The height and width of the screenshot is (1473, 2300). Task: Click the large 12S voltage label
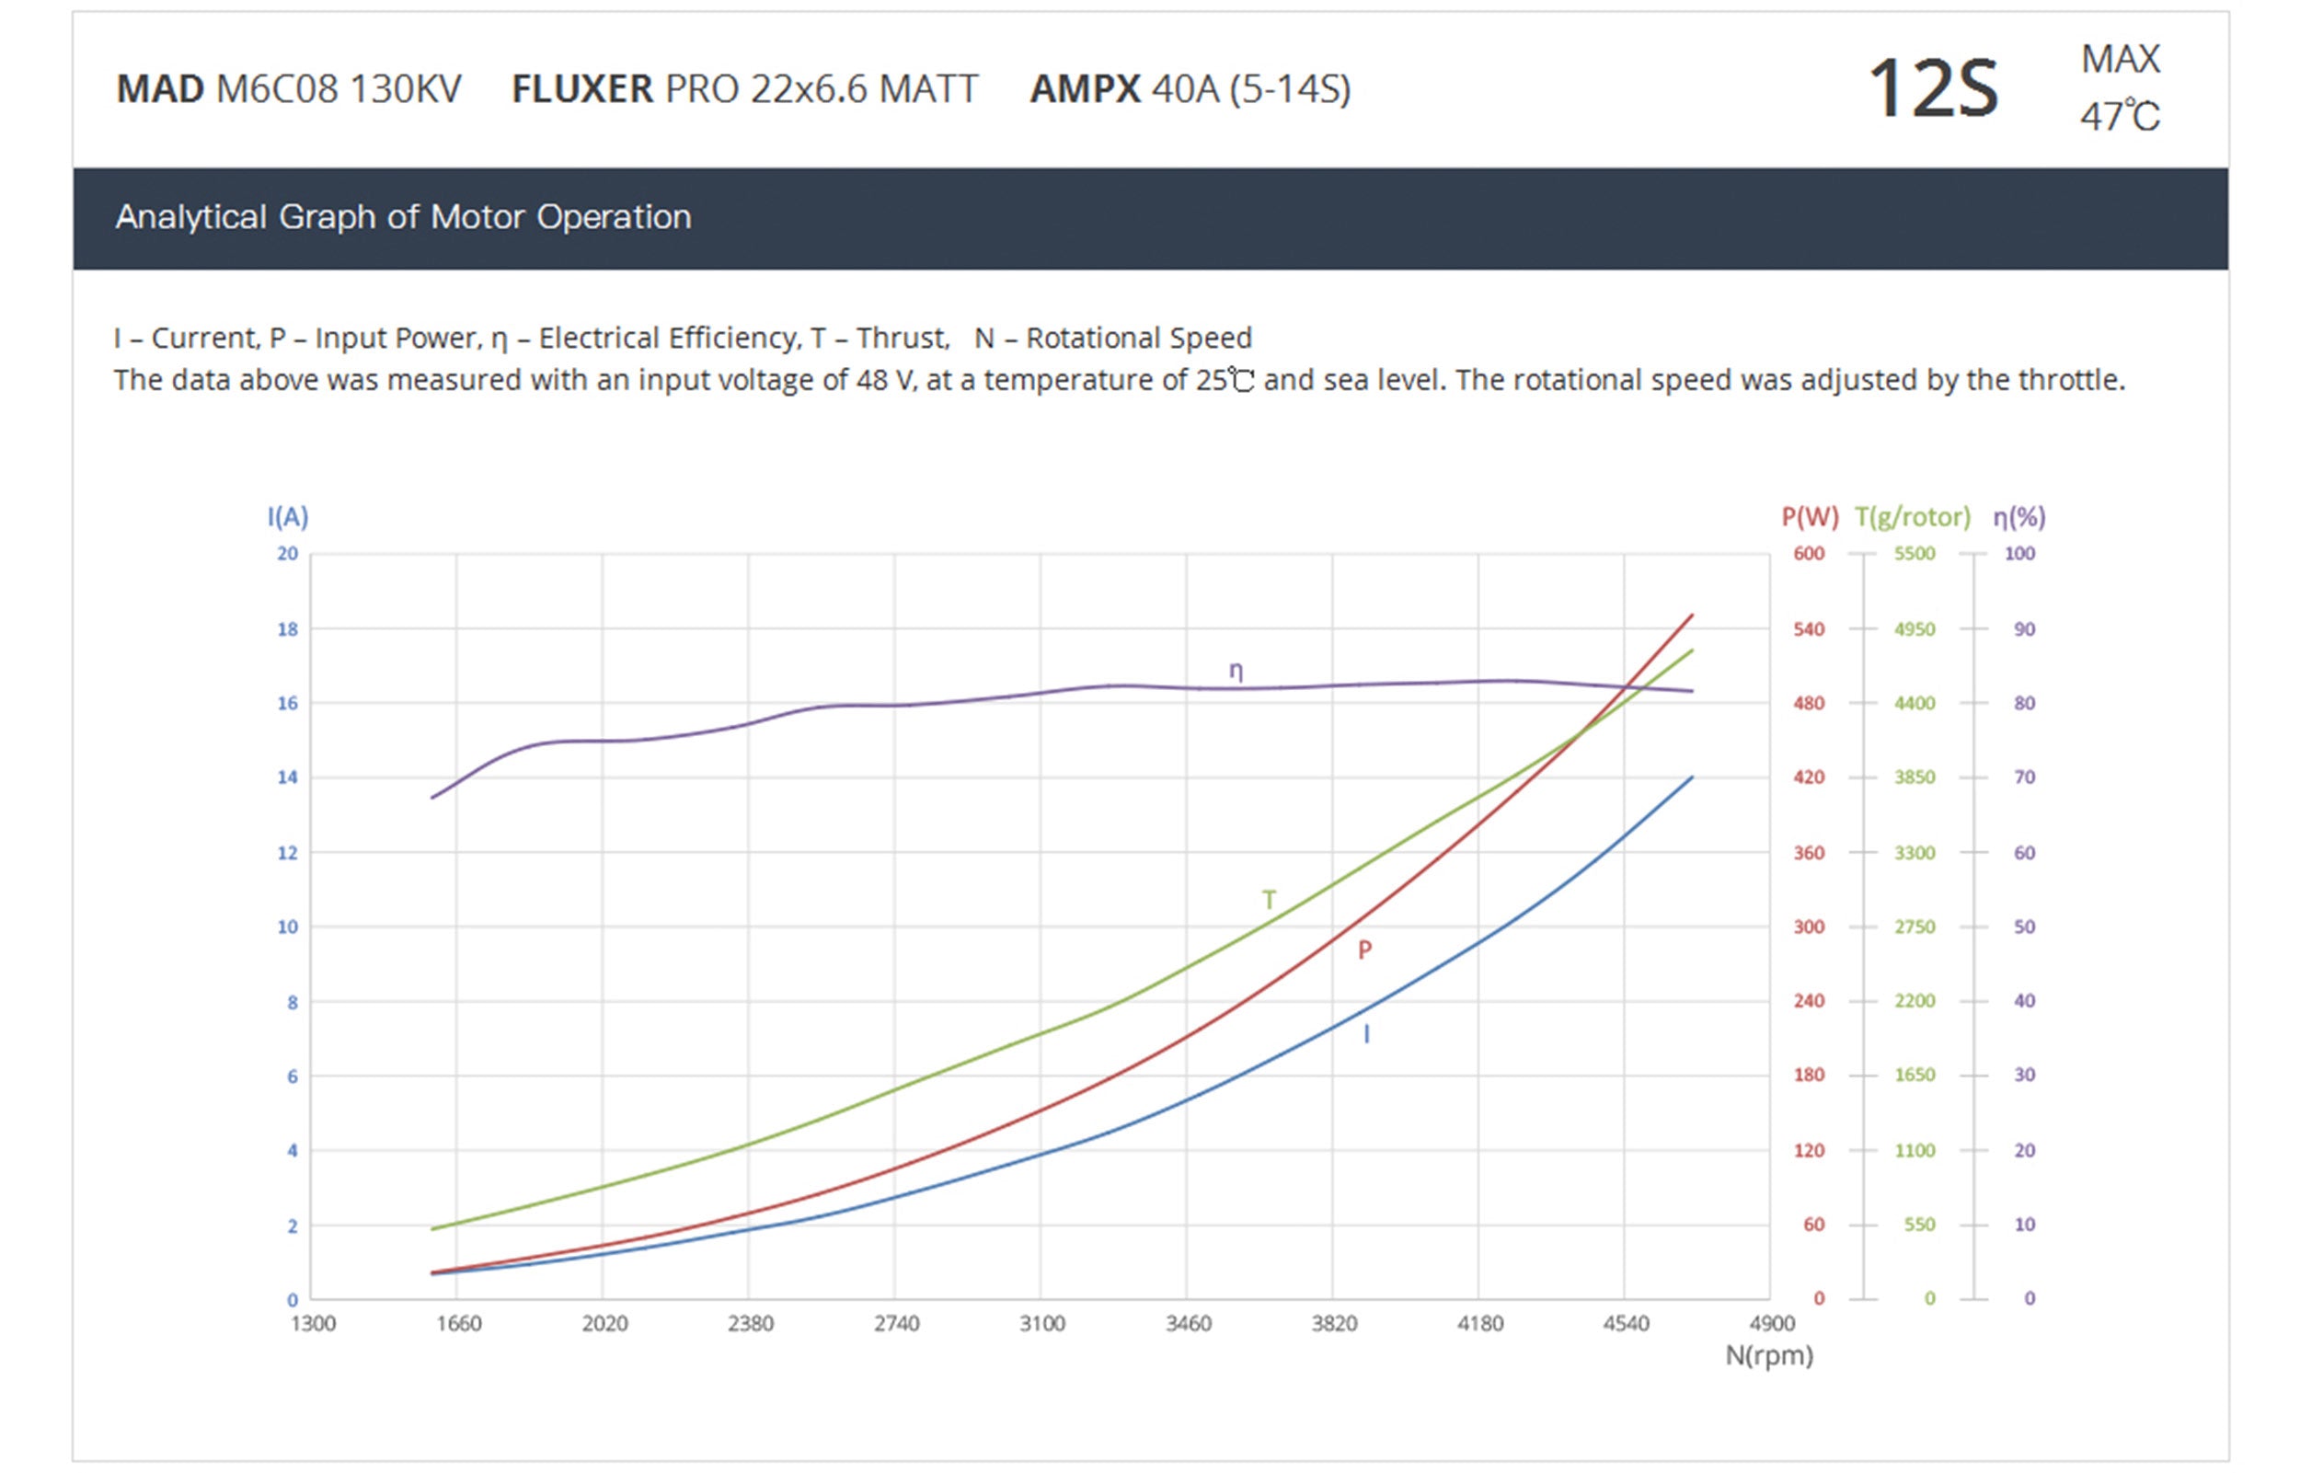[x=1932, y=89]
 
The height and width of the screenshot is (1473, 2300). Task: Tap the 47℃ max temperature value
[x=2120, y=117]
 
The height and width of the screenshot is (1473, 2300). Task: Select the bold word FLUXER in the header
[x=581, y=89]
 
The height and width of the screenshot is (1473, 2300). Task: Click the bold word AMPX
[x=1085, y=89]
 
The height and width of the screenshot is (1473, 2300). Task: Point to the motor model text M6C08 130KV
[x=339, y=89]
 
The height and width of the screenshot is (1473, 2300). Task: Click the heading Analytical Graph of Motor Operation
[x=403, y=217]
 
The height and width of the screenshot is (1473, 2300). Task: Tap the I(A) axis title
[x=287, y=517]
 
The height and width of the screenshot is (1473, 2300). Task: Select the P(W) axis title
[x=1810, y=517]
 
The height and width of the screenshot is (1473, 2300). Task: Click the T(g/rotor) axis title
[x=1912, y=517]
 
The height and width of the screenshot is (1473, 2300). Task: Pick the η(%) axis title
[x=2018, y=517]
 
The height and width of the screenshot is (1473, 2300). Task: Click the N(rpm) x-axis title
[x=1768, y=1355]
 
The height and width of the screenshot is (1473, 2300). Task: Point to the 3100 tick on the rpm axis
[x=1041, y=1324]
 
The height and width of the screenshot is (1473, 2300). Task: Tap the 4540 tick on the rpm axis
[x=1625, y=1324]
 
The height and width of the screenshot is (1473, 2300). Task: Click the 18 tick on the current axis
[x=287, y=629]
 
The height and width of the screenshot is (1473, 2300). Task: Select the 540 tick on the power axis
[x=1809, y=629]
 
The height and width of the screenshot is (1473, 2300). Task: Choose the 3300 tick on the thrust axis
[x=1914, y=852]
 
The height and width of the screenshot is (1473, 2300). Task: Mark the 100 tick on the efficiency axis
[x=2018, y=554]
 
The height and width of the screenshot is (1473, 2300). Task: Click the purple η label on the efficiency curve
[x=1236, y=672]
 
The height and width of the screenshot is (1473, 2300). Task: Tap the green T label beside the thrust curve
[x=1268, y=900]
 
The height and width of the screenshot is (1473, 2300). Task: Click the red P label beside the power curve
[x=1364, y=949]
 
